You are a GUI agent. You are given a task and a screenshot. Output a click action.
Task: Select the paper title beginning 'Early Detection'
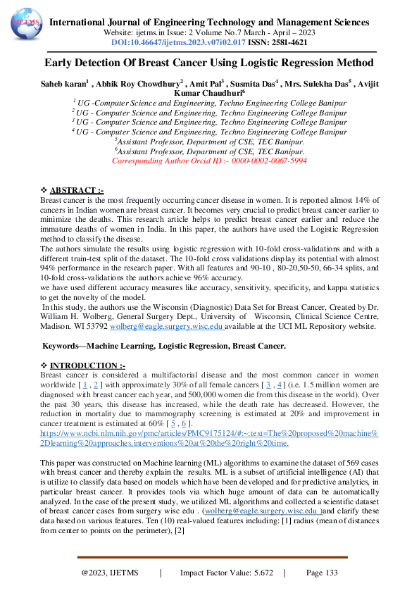point(209,62)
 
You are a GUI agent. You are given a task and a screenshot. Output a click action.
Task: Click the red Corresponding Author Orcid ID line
point(209,161)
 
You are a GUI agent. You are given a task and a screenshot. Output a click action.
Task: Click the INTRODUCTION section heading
point(88,366)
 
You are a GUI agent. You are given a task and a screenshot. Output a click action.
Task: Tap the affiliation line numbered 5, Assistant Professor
point(209,141)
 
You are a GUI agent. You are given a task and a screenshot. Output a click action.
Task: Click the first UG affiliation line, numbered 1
point(209,102)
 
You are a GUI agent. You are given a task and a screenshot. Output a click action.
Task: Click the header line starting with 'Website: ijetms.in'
point(209,32)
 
